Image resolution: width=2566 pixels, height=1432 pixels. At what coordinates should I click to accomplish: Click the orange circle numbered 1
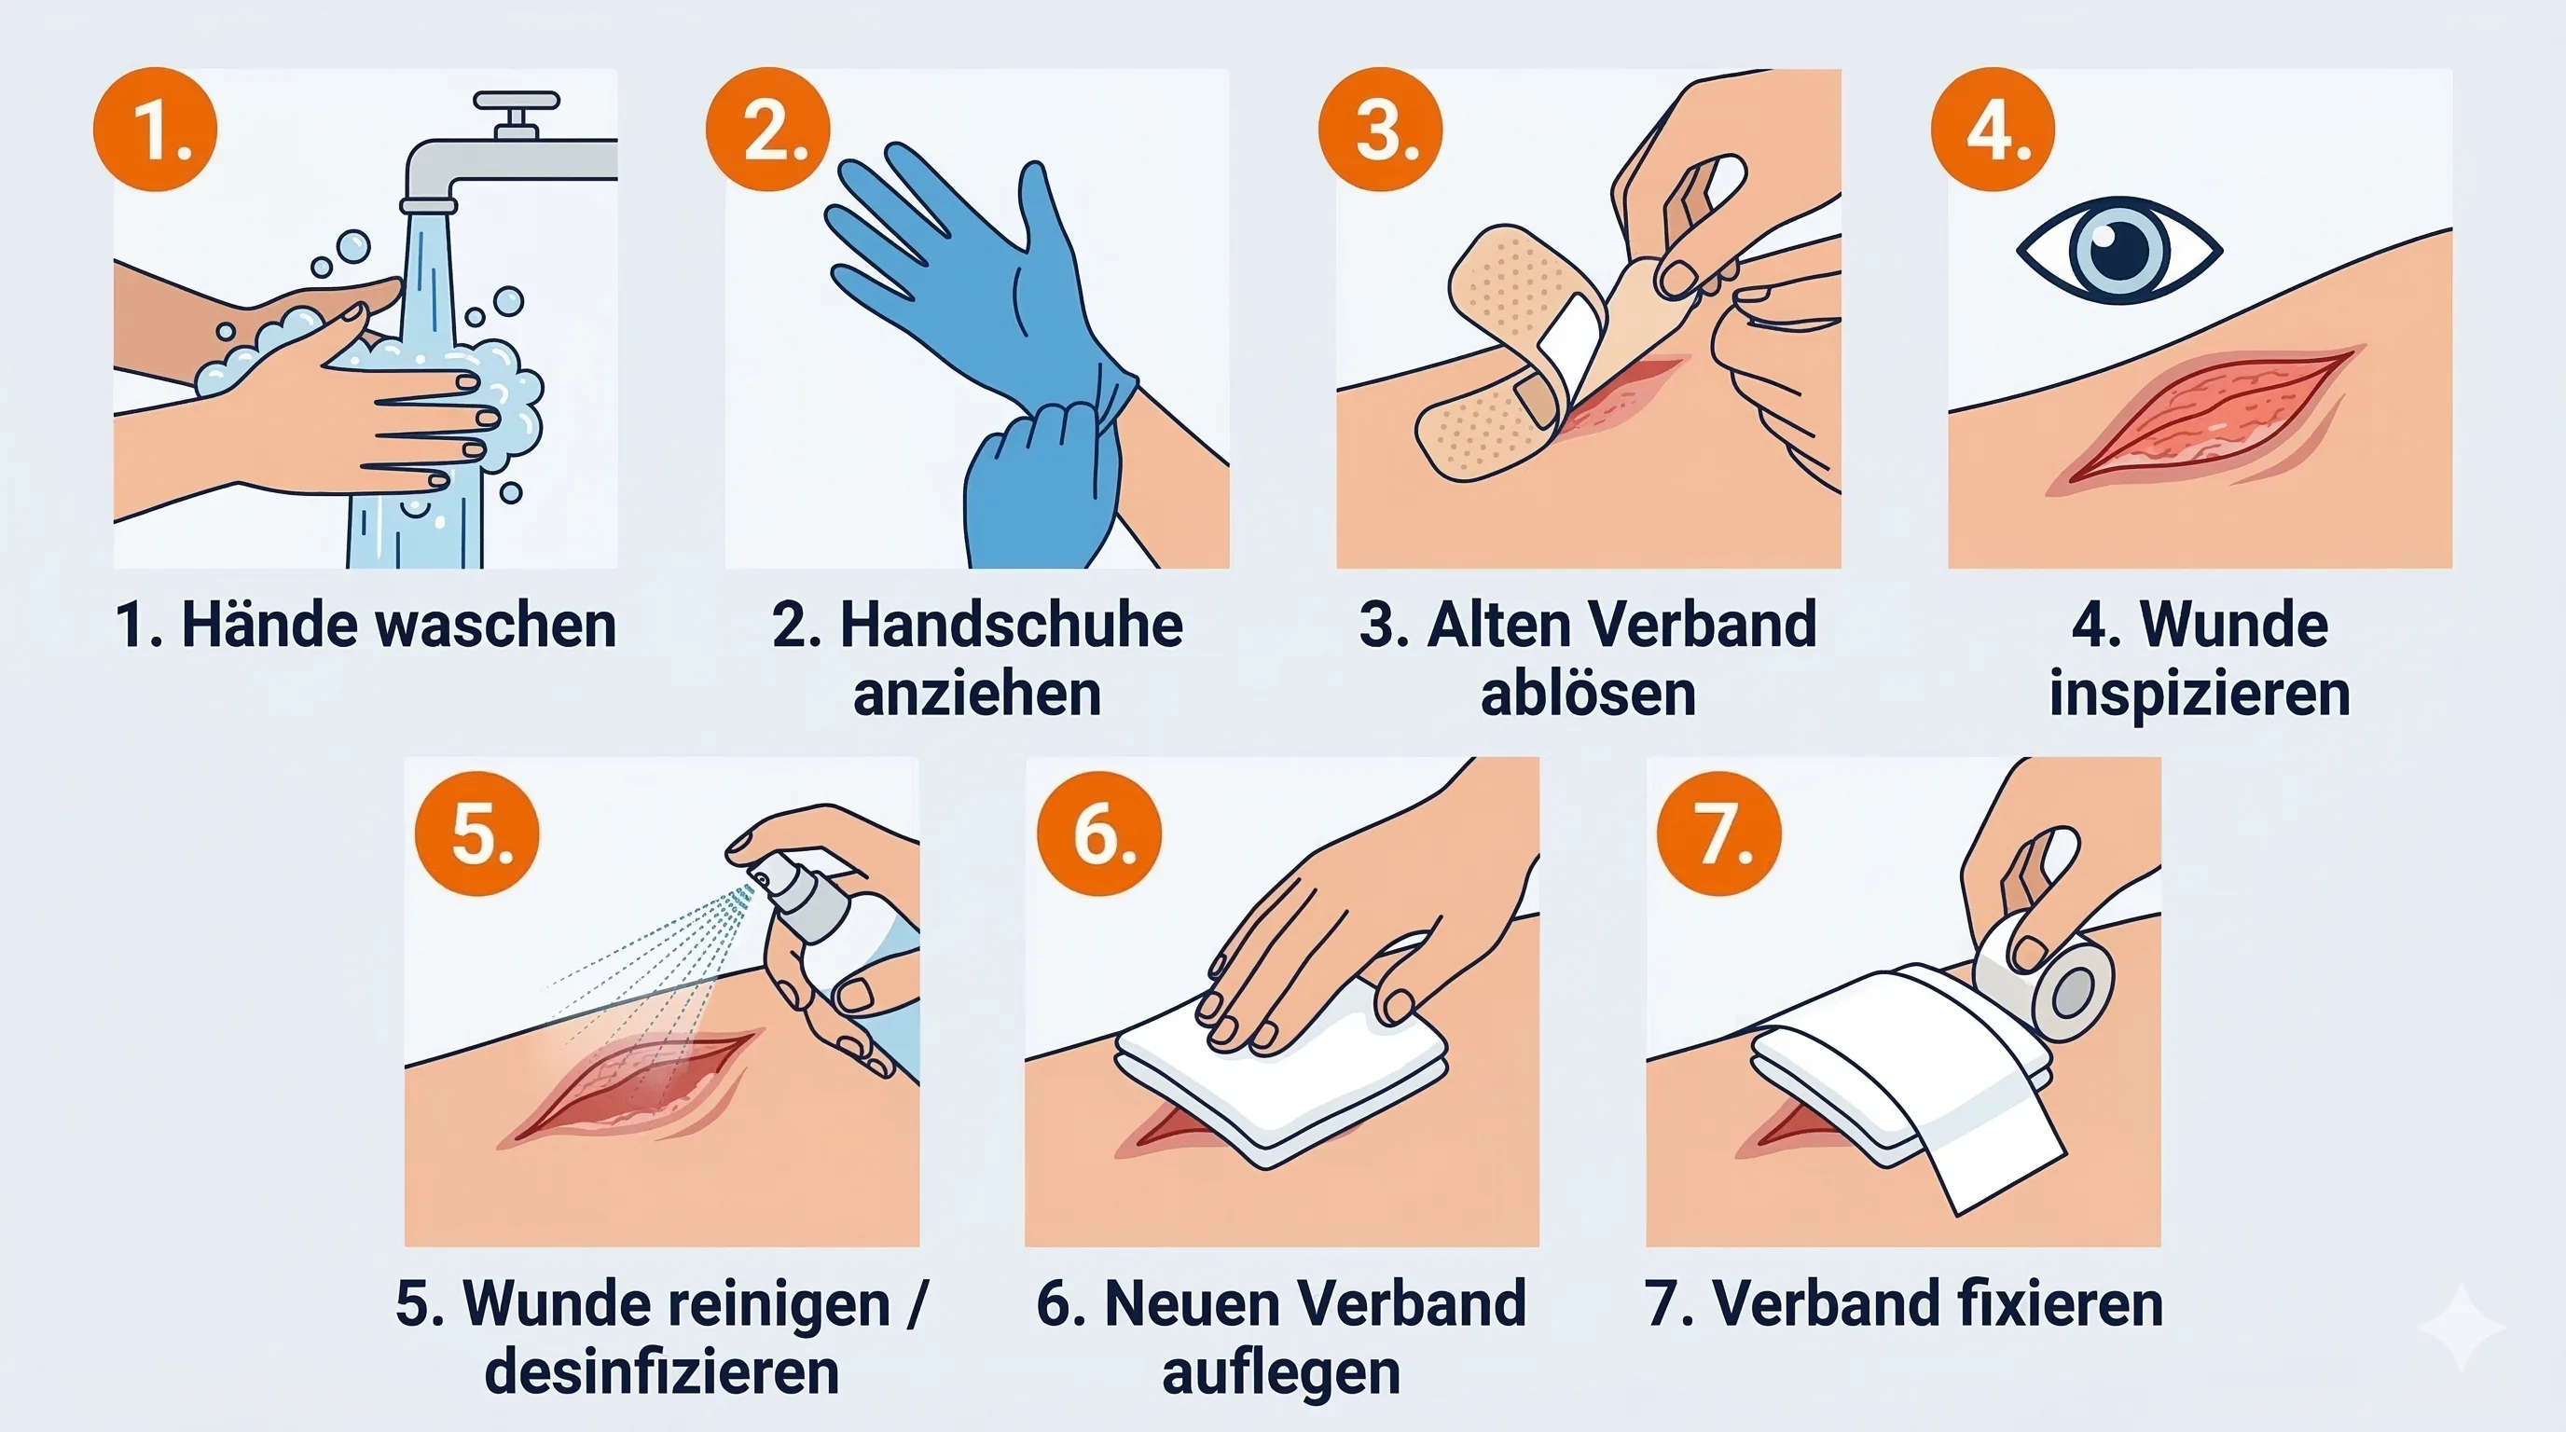pos(156,130)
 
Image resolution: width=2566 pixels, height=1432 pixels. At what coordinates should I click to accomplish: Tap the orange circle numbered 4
pos(1993,130)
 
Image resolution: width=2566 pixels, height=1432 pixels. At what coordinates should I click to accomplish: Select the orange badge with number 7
pos(1719,833)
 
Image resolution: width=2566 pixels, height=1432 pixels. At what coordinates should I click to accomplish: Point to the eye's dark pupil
pos(2119,250)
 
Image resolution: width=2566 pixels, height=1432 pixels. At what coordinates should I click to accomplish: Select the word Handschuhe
pos(1011,626)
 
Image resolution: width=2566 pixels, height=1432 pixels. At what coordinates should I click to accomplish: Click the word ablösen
pos(1588,695)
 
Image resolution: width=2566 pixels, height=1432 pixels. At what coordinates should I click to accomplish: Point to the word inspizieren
pos(2200,695)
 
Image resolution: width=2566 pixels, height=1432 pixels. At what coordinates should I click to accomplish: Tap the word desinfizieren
pos(661,1372)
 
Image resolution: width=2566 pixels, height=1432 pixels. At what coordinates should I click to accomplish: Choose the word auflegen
pos(1281,1372)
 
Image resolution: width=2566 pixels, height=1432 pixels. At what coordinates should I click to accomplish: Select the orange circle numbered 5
pos(477,833)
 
